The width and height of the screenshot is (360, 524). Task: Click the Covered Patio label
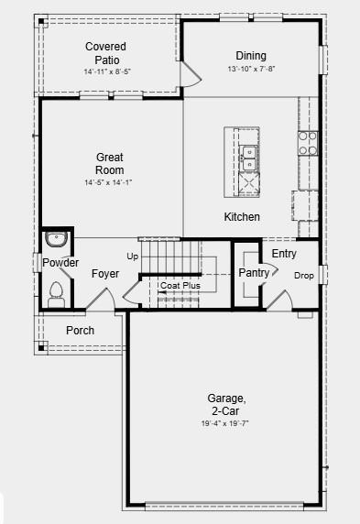(105, 53)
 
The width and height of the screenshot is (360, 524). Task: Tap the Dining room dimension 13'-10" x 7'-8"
(251, 69)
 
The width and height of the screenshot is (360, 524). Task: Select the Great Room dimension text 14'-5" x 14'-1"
(108, 182)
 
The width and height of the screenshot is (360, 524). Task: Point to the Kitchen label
(242, 216)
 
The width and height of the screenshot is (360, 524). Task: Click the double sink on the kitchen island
(248, 158)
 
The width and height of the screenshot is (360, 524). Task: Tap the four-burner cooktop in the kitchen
(308, 143)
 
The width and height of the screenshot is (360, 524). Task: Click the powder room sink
(57, 239)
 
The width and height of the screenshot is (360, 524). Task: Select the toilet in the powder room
(56, 295)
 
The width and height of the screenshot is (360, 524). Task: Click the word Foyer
(105, 274)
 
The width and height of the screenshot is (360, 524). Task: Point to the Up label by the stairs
(133, 257)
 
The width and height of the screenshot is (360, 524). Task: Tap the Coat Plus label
(180, 286)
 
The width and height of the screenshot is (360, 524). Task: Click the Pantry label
(254, 273)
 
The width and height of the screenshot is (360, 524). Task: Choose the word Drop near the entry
(304, 276)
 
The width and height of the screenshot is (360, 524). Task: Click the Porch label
(80, 330)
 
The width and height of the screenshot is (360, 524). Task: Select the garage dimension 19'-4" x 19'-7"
(224, 423)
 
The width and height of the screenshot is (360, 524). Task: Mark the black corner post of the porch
(41, 348)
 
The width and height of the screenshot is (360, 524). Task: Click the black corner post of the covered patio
(41, 21)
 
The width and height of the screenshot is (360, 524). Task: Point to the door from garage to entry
(280, 300)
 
